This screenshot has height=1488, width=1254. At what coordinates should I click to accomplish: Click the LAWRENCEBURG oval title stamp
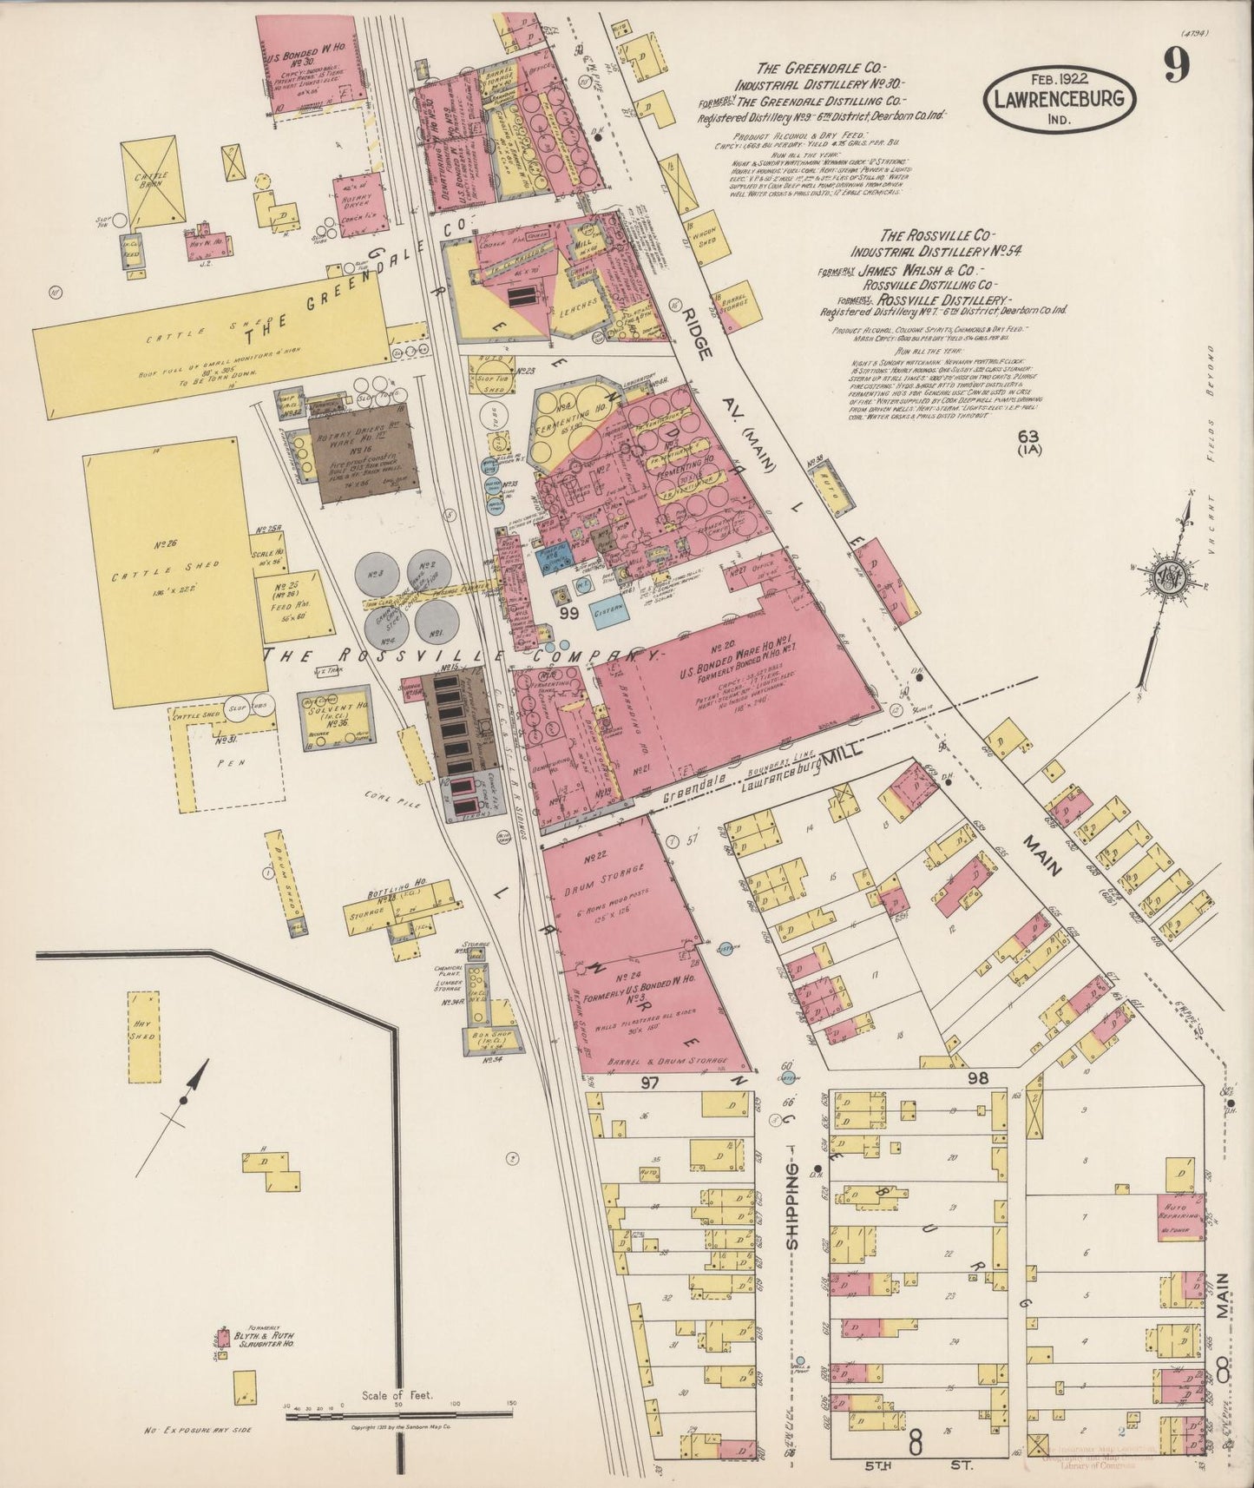coord(1059,100)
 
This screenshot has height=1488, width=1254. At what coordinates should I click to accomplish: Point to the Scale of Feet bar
coord(399,1417)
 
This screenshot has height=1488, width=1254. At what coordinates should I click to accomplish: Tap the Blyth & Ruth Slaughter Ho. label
coord(265,1339)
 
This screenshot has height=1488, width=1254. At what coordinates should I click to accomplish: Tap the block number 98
coord(977,1079)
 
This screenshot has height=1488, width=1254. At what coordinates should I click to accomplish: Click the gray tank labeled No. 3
coord(378,573)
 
